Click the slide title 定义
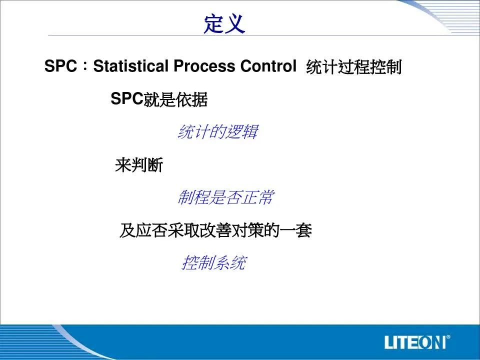point(224,23)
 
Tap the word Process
point(204,66)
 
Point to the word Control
point(268,66)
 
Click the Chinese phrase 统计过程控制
point(353,66)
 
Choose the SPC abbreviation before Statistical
point(60,66)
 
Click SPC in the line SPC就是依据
point(127,98)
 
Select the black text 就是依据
point(175,99)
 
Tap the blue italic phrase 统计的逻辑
point(217,132)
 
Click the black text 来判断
point(139,165)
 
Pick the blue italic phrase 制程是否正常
point(225,197)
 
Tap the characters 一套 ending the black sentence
point(295,230)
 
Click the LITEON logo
point(417,342)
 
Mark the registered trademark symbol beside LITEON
point(448,337)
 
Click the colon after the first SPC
point(85,66)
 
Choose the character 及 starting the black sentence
point(127,230)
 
